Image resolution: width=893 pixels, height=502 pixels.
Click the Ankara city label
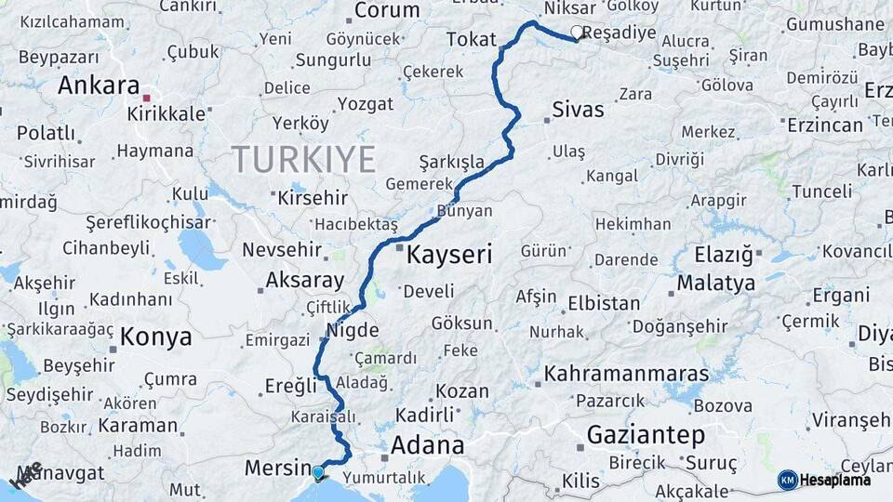(99, 86)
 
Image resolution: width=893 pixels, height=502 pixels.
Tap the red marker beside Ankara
(147, 96)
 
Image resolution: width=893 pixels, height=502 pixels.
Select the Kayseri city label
(450, 254)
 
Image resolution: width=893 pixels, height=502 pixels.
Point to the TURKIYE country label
(303, 159)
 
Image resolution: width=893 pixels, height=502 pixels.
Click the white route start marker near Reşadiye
(577, 33)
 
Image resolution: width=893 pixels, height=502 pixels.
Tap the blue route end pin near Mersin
(319, 472)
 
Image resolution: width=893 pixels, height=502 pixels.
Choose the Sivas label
(578, 110)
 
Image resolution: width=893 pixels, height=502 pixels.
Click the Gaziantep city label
(646, 434)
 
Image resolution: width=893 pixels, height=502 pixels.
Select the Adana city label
(427, 444)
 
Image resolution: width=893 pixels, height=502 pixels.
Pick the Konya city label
(156, 337)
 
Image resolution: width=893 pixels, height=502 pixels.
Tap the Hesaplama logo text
(836, 480)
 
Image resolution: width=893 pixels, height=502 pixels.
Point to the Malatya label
(716, 283)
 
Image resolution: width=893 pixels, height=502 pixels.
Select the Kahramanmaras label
(626, 374)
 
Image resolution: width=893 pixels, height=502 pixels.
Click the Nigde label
(353, 330)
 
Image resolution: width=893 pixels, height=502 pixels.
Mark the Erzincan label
(825, 125)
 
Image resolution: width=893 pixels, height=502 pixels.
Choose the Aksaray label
(305, 280)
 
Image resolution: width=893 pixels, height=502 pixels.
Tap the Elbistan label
(604, 303)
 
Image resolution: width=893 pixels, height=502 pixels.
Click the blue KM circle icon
(787, 480)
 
